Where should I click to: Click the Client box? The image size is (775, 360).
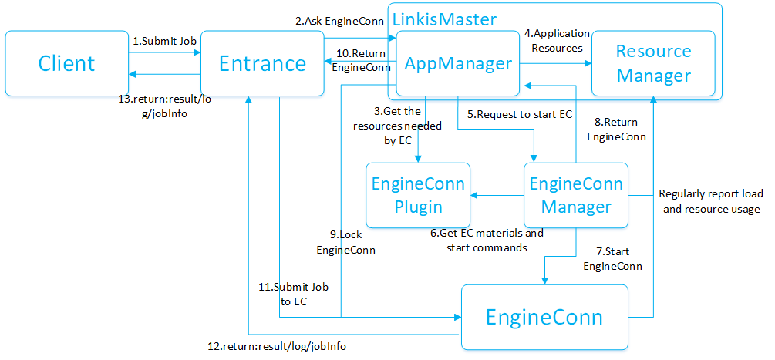pos(66,63)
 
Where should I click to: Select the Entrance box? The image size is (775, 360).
pos(262,63)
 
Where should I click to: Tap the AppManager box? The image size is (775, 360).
pos(458,63)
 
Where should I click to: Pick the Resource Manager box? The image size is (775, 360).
pos(654,63)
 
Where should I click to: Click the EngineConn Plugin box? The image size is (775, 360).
pos(418,195)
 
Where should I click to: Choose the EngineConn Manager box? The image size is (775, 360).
pos(576,195)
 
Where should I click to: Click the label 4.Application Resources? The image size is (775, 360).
pos(557,40)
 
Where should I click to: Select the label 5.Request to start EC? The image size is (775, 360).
pos(519,114)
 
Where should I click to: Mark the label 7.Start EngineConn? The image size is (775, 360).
pos(612,259)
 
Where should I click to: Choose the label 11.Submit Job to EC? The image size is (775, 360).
pos(293,294)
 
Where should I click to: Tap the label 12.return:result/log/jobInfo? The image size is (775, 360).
pos(278,347)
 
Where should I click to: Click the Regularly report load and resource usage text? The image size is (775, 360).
pos(709,202)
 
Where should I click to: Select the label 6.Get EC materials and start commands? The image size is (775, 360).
pos(487,240)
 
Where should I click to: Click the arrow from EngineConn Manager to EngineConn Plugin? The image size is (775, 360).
pos(497,195)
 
